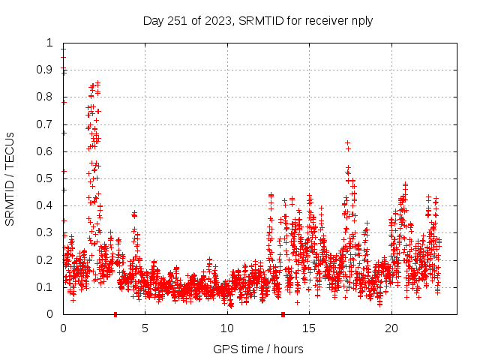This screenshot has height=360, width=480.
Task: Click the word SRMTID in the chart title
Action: coord(260,21)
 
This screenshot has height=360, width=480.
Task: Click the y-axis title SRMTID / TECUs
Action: coord(10,178)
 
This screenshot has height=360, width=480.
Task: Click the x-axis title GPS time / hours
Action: coord(258,349)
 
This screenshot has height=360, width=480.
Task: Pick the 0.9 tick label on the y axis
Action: coord(47,70)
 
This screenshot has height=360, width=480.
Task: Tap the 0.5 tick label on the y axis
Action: coord(47,178)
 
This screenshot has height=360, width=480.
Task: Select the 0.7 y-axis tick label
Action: coord(47,124)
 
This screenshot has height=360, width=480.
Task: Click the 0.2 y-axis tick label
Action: coord(47,260)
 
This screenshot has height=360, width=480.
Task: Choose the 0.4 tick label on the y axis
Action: coord(47,205)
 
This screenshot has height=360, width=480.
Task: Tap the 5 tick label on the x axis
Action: coord(145,328)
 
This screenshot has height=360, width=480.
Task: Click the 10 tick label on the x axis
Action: coord(227,328)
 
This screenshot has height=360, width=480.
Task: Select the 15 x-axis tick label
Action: coord(310,328)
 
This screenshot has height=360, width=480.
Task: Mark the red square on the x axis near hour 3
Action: coord(115,314)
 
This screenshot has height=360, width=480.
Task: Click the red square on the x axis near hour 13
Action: coord(283,314)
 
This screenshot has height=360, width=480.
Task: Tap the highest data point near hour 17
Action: coord(347,142)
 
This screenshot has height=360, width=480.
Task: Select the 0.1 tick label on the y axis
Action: coord(47,287)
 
